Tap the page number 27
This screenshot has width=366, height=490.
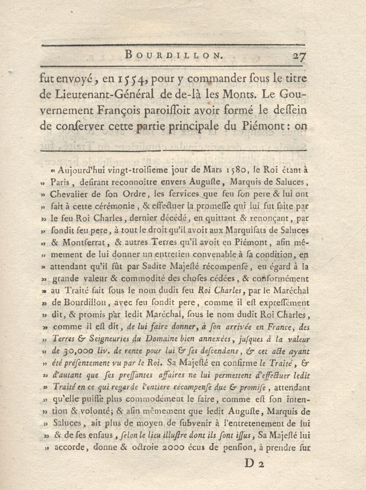(299, 57)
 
